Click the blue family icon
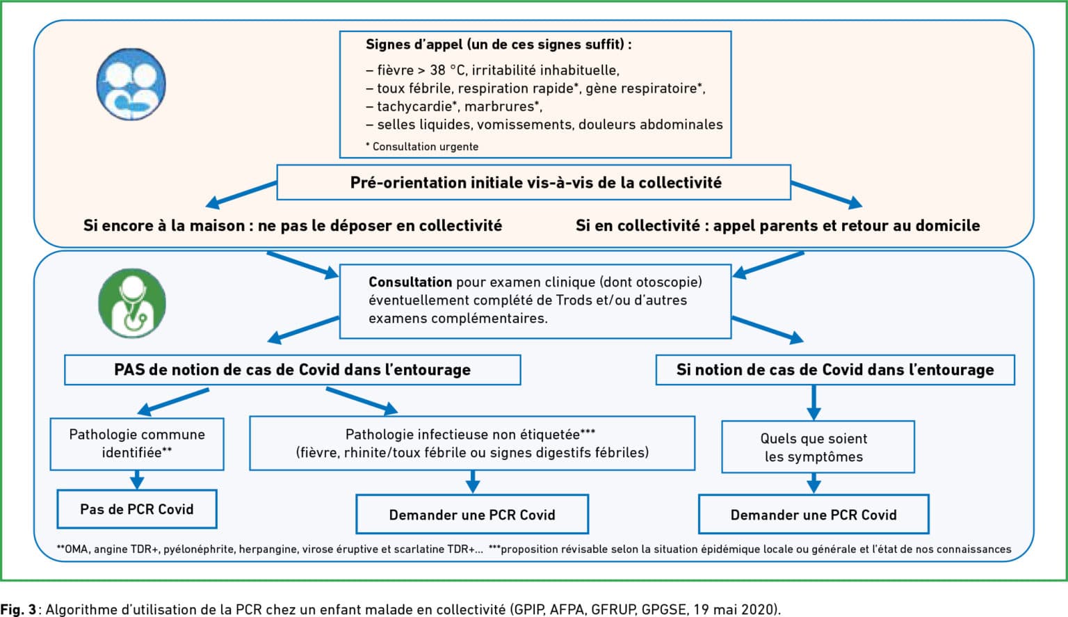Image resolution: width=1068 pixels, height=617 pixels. [x=131, y=84]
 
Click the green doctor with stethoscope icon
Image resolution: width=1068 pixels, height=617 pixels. [x=132, y=303]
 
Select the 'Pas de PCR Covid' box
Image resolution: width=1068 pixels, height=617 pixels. [x=137, y=508]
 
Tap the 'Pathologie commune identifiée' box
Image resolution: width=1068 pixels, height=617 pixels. [x=137, y=444]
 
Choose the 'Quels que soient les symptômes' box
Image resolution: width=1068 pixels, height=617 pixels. [x=818, y=447]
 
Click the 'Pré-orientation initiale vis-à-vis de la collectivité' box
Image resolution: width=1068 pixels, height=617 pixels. [x=533, y=182]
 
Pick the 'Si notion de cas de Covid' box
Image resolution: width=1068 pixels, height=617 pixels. [x=835, y=369]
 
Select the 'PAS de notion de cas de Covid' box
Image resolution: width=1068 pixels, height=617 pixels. [x=292, y=369]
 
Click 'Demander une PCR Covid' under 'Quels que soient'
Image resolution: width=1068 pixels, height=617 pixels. [x=814, y=514]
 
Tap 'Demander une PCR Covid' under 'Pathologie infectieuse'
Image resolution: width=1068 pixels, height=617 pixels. [x=472, y=514]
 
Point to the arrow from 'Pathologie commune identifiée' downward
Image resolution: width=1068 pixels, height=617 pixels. [x=137, y=480]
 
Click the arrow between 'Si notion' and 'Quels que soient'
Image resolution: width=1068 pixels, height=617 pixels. [x=814, y=403]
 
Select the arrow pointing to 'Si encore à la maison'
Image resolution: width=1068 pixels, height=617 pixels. [x=241, y=195]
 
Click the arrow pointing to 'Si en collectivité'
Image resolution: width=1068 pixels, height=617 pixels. [x=827, y=195]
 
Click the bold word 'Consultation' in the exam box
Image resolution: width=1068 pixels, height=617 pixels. [x=410, y=282]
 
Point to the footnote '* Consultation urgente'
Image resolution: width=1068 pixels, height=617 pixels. [x=422, y=146]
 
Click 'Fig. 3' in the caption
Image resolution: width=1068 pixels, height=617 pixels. [x=18, y=609]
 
